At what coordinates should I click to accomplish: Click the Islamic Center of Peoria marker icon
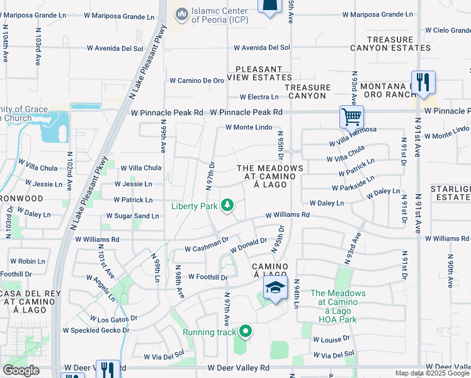tap(181, 13)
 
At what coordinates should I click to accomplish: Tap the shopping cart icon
tap(351, 116)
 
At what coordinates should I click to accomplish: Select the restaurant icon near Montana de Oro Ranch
tap(423, 81)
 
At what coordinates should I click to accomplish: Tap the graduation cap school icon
tap(275, 288)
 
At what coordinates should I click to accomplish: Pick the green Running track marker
tap(244, 331)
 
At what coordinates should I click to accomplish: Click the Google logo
tap(21, 371)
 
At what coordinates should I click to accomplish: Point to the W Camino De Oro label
tap(197, 81)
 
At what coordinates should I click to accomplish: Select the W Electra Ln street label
tap(259, 97)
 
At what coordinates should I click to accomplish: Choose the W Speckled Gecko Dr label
tap(96, 329)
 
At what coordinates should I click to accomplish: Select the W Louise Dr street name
tap(331, 338)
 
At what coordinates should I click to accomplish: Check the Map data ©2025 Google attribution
tap(432, 373)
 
